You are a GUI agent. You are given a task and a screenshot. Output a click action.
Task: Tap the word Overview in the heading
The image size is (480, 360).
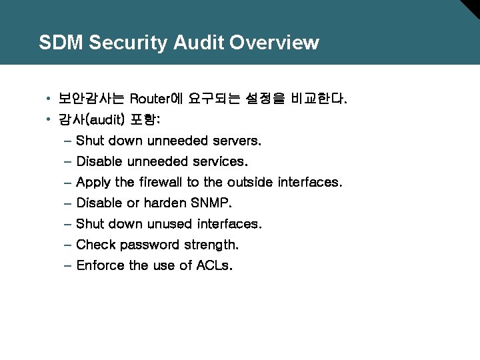[274, 43]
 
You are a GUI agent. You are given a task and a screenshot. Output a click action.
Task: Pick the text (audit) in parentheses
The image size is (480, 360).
[106, 120]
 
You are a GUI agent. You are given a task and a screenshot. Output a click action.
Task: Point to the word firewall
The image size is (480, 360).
[160, 182]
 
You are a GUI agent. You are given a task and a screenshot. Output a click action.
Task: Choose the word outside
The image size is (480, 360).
[251, 182]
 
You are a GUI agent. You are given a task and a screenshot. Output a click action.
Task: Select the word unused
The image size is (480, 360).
[170, 223]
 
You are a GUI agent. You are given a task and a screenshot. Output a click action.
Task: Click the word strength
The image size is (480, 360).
[211, 245]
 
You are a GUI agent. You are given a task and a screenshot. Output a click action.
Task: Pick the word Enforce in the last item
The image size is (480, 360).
[100, 265]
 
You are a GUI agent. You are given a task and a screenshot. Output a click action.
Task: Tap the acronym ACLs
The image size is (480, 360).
[215, 265]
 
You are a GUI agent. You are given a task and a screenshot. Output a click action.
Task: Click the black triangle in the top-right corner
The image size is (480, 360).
[471, 7]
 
